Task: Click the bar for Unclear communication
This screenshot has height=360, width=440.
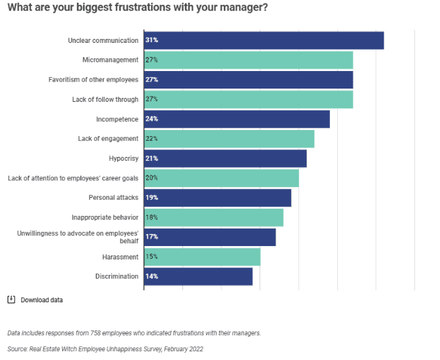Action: (264, 40)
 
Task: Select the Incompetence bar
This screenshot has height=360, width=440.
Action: (237, 119)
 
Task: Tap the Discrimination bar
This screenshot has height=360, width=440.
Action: (199, 276)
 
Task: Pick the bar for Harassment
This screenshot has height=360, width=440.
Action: (202, 257)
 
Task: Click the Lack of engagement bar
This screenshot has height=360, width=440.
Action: (229, 139)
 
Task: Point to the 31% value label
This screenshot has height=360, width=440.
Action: (152, 40)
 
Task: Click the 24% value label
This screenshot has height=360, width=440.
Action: (152, 119)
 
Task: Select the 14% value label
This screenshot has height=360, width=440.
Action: (152, 276)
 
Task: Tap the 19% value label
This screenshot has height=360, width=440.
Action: (152, 198)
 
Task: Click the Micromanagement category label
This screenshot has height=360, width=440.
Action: (110, 60)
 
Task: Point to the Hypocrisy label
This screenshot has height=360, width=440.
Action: (123, 159)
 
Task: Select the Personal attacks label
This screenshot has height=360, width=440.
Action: (113, 198)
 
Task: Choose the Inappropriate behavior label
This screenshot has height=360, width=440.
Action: (105, 217)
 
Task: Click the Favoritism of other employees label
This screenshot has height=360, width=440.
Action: (93, 80)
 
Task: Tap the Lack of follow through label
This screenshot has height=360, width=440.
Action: (105, 99)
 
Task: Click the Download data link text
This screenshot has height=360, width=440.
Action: (42, 300)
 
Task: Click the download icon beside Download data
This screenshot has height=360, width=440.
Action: (11, 300)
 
